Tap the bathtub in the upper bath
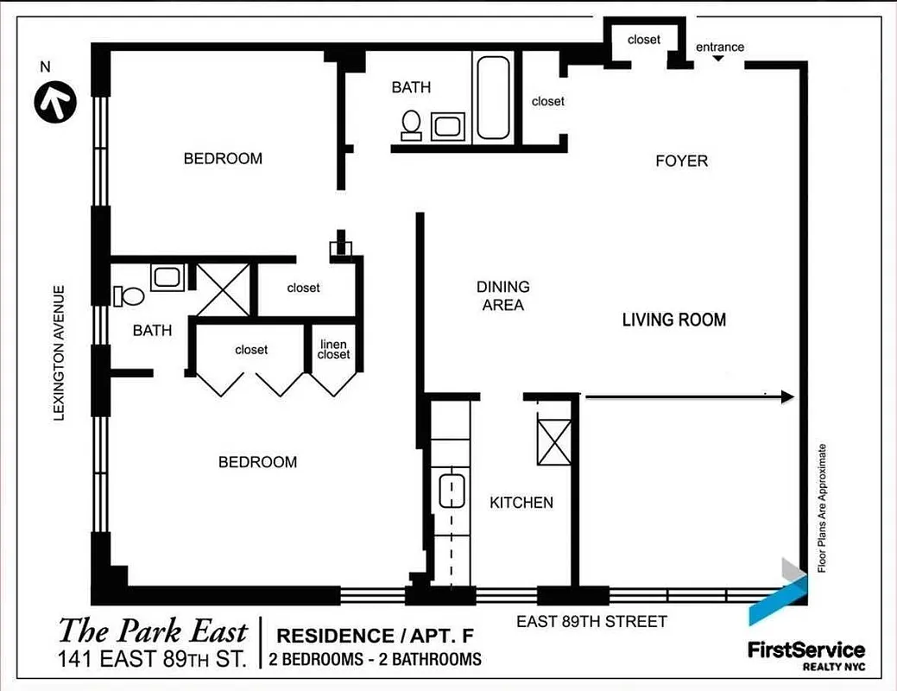492,98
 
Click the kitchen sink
451,491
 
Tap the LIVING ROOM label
674,320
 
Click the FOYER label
681,161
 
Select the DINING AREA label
503,295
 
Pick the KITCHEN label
521,503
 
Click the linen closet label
333,350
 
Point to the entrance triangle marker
718,59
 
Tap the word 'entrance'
719,47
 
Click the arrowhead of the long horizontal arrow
786,396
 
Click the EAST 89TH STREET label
591,621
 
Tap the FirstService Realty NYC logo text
805,654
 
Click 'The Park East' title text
153,630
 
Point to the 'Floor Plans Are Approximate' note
822,508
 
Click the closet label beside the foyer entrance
643,40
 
